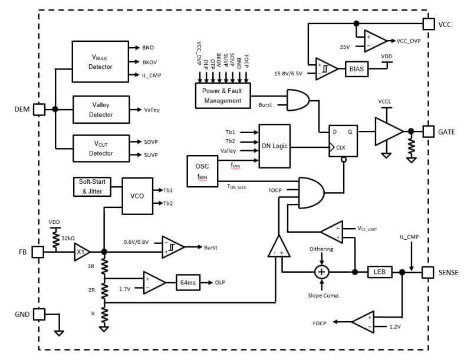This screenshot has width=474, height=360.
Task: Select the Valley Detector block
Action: [x=101, y=110]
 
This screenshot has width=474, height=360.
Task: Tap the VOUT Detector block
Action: [x=101, y=149]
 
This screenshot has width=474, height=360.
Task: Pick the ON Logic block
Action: [x=274, y=146]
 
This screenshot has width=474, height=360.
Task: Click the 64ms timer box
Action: [x=188, y=283]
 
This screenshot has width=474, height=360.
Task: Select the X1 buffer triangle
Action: [x=81, y=253]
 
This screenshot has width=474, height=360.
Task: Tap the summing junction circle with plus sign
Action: [x=321, y=272]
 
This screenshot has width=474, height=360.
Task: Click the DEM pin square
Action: [x=39, y=109]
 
